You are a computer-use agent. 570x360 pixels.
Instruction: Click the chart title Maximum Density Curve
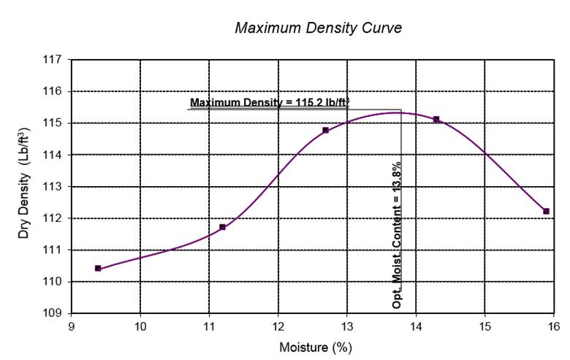318,28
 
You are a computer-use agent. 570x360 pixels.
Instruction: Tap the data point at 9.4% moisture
98,268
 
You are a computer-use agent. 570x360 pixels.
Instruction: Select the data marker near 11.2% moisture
222,227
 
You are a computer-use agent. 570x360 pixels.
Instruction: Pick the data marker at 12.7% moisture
326,130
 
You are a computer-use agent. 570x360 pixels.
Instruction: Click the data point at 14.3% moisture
436,119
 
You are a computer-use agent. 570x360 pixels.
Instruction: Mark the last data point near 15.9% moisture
546,211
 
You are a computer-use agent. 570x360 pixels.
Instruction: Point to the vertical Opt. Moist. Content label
397,230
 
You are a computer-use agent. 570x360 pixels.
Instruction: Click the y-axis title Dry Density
25,185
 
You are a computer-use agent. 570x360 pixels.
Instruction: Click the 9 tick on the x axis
72,326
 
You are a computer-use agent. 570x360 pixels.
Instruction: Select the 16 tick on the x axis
553,326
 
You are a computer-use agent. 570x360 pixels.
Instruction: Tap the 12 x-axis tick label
278,326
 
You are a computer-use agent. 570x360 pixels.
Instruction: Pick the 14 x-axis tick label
416,326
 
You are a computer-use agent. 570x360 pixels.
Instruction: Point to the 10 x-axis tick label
140,326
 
